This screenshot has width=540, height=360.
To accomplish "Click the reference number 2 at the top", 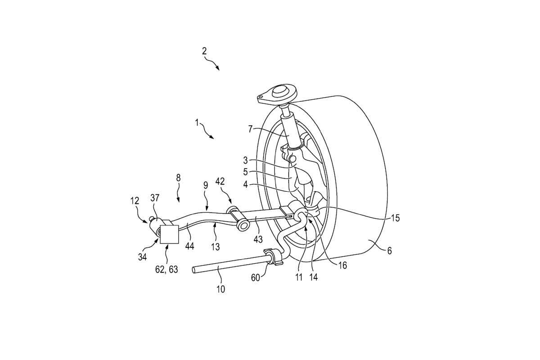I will [204, 51].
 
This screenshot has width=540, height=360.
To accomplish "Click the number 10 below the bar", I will [221, 288].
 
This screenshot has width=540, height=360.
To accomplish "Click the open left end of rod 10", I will [194, 270].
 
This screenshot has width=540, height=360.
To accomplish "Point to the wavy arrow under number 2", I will [211, 63].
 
